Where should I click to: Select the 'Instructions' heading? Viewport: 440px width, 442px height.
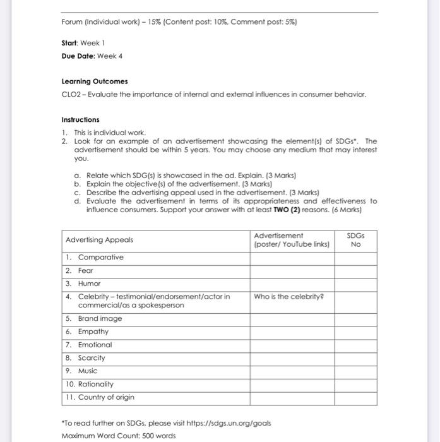point(80,119)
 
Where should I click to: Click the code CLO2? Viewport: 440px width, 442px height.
point(71,95)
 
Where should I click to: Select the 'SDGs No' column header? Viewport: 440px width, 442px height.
point(355,239)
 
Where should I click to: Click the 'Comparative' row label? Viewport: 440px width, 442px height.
point(101,257)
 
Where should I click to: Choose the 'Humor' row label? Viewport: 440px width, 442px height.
point(89,284)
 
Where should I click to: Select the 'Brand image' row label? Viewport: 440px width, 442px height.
point(100,318)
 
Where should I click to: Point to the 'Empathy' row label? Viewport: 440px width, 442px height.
point(93,331)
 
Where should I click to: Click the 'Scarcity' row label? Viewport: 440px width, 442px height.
point(92,357)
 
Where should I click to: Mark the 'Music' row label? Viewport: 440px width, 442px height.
point(88,371)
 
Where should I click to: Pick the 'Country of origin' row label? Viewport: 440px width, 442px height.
point(106,397)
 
